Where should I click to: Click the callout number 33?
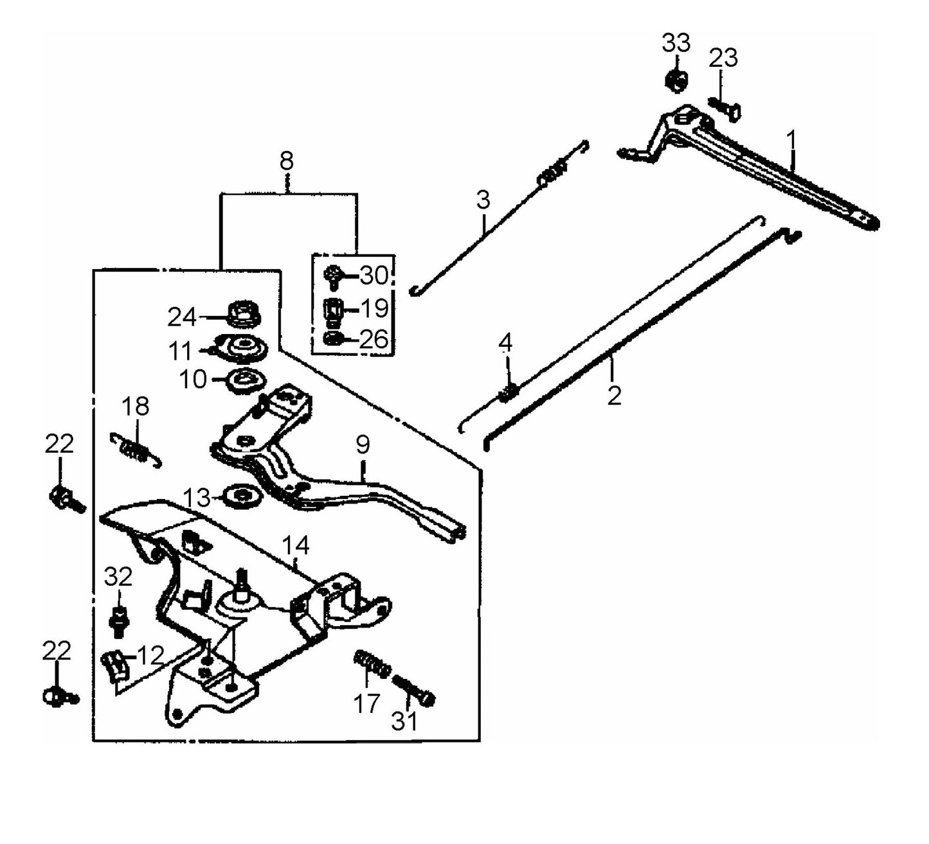click(676, 44)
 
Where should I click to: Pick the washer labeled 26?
click(334, 338)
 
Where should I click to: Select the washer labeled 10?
click(245, 380)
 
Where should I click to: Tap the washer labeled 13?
click(242, 496)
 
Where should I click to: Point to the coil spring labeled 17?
click(372, 664)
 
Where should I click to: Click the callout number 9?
click(363, 444)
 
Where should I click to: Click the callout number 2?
click(614, 396)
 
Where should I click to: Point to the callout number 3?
click(482, 200)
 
